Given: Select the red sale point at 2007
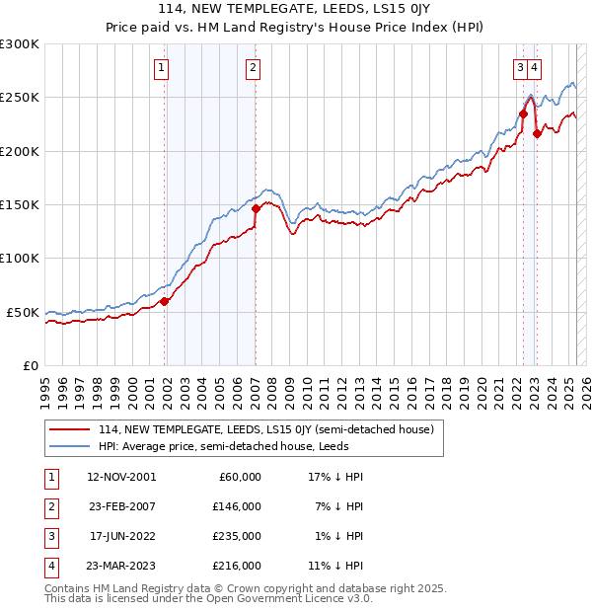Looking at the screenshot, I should pos(256,208).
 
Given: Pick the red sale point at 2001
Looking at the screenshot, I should pos(165,301).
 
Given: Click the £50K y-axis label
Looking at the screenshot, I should pos(24,312).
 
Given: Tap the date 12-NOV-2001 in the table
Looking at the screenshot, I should pos(120,477).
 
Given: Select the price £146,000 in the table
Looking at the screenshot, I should pos(238,506).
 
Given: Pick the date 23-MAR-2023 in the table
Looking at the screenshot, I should pos(120,566).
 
